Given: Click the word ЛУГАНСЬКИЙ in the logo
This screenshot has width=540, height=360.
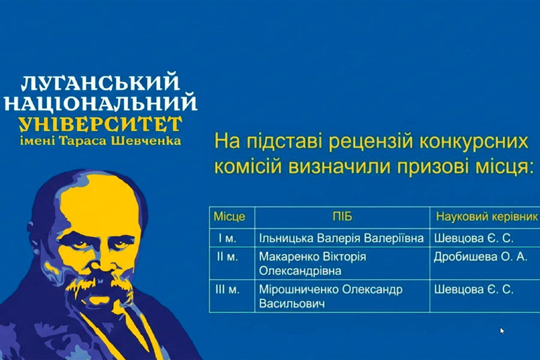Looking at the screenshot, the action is pyautogui.click(x=100, y=82).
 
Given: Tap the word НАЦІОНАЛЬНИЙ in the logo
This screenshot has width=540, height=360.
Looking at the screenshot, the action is pyautogui.click(x=100, y=103).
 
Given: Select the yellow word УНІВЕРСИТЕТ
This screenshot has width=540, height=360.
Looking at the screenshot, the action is pyautogui.click(x=100, y=124).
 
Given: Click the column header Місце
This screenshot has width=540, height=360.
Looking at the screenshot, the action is pyautogui.click(x=229, y=217).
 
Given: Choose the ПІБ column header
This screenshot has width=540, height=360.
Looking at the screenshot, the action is pyautogui.click(x=343, y=217).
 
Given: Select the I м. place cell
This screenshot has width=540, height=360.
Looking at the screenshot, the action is pyautogui.click(x=227, y=238).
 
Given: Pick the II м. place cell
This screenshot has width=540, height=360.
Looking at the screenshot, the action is pyautogui.click(x=227, y=257).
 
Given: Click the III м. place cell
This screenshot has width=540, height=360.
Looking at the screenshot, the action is pyautogui.click(x=227, y=289).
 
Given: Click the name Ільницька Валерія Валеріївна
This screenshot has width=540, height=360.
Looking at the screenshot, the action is pyautogui.click(x=341, y=238).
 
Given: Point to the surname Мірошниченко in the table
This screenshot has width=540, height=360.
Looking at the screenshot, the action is pyautogui.click(x=299, y=289).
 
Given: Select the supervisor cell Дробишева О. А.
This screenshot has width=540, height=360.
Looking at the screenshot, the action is pyautogui.click(x=481, y=257).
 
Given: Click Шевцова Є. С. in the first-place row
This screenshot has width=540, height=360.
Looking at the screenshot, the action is pyautogui.click(x=473, y=238).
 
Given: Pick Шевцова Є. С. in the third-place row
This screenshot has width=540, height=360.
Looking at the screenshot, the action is pyautogui.click(x=473, y=289).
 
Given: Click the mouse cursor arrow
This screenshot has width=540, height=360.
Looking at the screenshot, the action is pyautogui.click(x=502, y=331).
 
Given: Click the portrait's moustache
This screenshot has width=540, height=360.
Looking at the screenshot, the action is pyautogui.click(x=100, y=283).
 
